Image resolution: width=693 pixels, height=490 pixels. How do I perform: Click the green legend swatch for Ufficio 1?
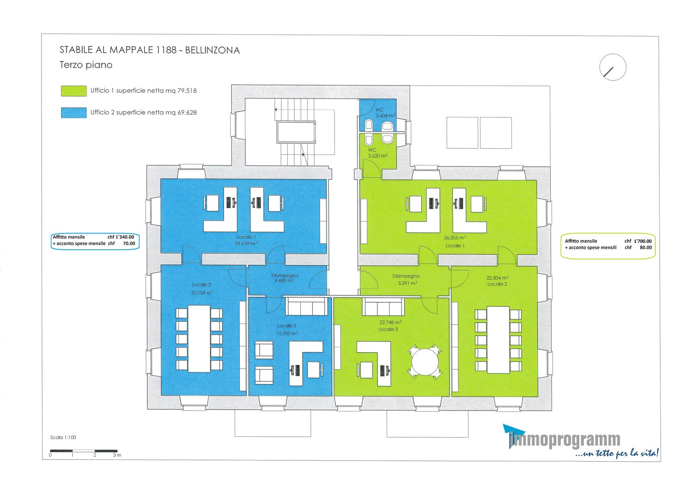(73, 91)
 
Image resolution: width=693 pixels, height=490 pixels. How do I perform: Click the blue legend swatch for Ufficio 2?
(73, 113)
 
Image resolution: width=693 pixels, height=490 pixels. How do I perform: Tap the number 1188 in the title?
(166, 50)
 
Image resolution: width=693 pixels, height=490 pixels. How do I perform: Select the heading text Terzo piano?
(86, 65)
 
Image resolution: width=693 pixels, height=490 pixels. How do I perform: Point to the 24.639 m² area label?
(246, 243)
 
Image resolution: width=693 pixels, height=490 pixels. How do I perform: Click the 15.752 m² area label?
(287, 333)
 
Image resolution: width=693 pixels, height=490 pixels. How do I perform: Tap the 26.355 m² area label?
(455, 238)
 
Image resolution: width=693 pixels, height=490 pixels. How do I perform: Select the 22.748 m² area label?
(390, 322)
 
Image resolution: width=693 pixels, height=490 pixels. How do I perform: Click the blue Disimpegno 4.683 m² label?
(285, 278)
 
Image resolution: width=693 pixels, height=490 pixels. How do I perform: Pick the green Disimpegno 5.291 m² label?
(406, 280)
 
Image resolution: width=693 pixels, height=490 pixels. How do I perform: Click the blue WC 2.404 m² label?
(385, 113)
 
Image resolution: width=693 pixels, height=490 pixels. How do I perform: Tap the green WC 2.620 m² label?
(377, 153)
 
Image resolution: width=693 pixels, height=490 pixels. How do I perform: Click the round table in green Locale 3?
(425, 362)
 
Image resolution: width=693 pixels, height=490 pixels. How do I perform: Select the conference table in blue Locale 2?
(199, 339)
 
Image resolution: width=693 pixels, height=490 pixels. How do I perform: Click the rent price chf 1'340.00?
(121, 237)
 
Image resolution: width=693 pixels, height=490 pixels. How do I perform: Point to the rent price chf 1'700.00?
(638, 241)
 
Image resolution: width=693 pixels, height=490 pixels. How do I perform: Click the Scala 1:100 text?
(63, 437)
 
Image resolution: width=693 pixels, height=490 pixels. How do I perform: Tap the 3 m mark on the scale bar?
(117, 455)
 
